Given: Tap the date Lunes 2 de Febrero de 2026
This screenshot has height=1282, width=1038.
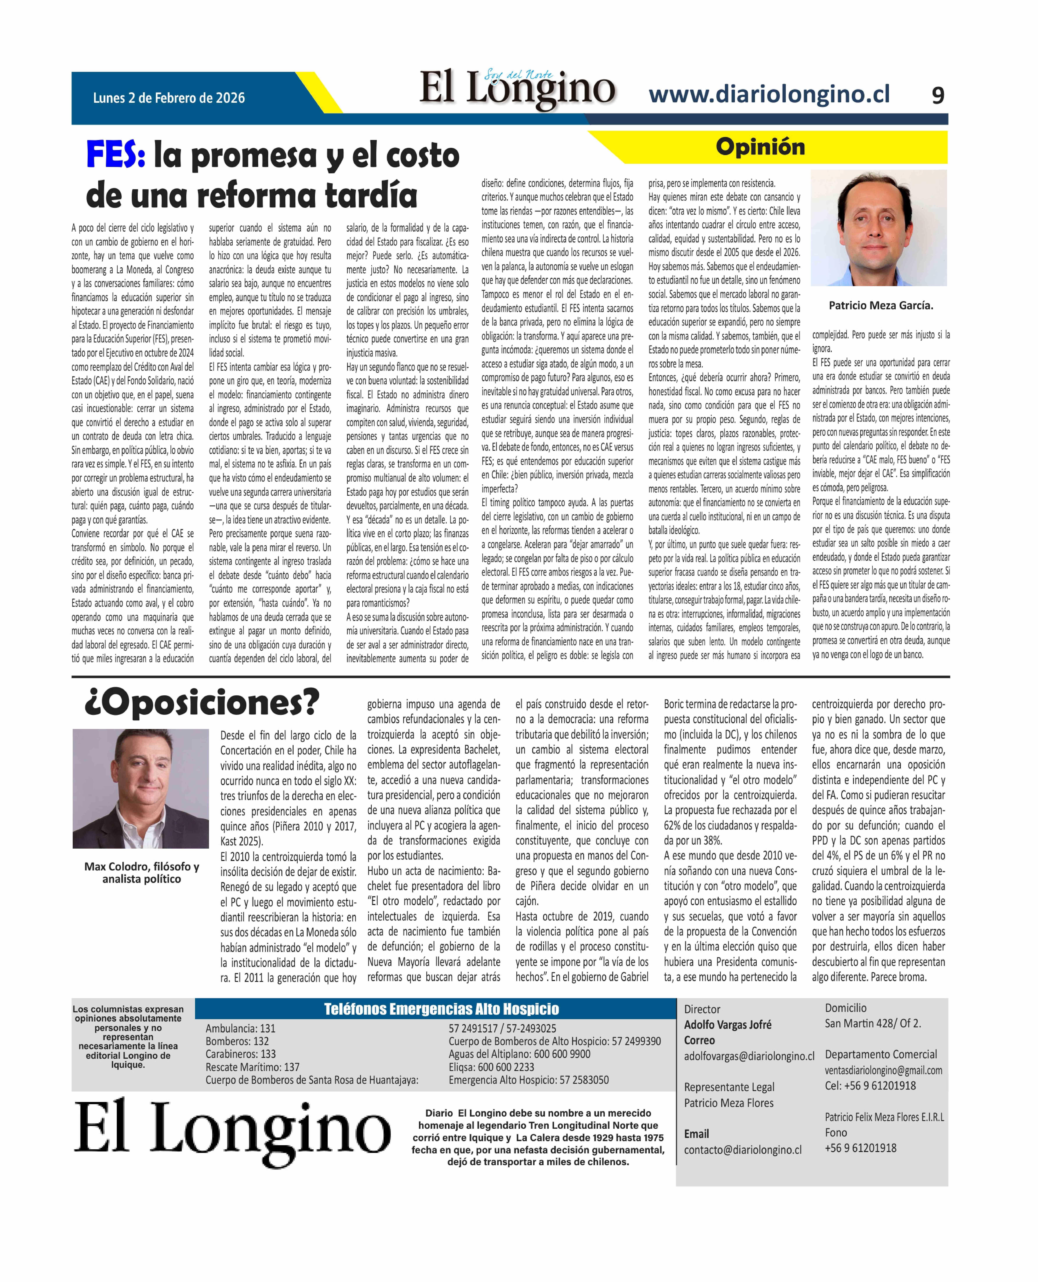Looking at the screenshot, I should [169, 98].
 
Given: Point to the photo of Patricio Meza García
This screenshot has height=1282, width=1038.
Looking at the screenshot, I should [878, 228].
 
